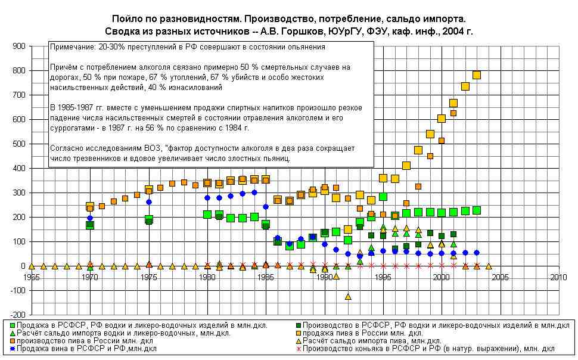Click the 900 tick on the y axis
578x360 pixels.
pos(17,46)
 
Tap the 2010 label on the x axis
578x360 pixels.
pos(558,278)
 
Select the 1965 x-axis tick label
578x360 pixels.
pos(31,278)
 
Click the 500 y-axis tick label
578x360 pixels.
pos(17,144)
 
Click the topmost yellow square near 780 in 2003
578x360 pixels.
pos(476,75)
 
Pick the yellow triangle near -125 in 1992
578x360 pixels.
pos(348,296)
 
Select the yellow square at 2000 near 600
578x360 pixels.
pos(442,119)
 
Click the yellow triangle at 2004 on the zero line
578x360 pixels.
pos(489,266)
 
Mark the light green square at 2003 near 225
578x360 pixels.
pos(476,210)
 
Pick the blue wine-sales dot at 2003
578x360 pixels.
pos(476,253)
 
